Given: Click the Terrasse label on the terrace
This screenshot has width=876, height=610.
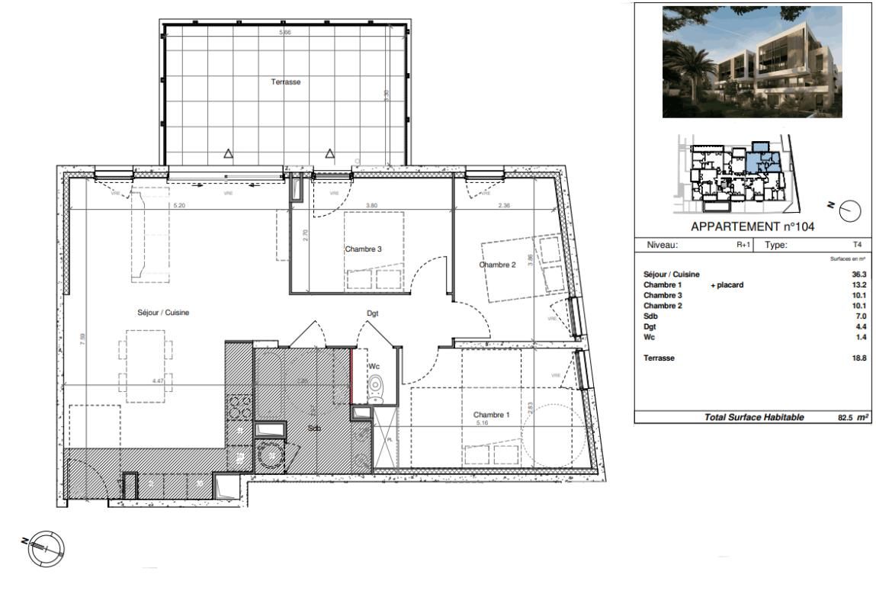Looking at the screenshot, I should click(x=286, y=82).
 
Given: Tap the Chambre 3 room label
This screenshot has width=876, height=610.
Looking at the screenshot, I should click(x=363, y=249).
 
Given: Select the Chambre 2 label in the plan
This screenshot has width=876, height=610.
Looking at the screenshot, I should click(x=498, y=265).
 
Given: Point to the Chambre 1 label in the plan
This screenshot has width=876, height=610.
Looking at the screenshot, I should click(x=492, y=415).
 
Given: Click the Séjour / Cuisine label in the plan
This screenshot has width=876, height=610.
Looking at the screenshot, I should click(x=163, y=313).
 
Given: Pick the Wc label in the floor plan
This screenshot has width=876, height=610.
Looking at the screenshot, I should click(x=374, y=367).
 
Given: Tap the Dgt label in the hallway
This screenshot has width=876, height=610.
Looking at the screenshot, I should click(x=373, y=313).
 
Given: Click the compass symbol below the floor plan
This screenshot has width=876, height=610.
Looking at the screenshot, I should click(x=46, y=546).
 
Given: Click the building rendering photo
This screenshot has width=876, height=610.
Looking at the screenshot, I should click(x=752, y=62).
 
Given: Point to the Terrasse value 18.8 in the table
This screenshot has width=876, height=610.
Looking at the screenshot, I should click(x=859, y=358).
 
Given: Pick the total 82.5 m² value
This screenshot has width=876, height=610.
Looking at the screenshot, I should click(x=849, y=417).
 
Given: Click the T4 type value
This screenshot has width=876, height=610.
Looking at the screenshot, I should click(x=858, y=246).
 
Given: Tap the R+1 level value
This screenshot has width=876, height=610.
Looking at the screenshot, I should click(x=743, y=246).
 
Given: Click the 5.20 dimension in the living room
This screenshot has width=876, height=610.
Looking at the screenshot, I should click(x=180, y=205).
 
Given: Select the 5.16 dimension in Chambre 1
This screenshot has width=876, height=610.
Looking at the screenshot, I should click(x=481, y=422).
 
